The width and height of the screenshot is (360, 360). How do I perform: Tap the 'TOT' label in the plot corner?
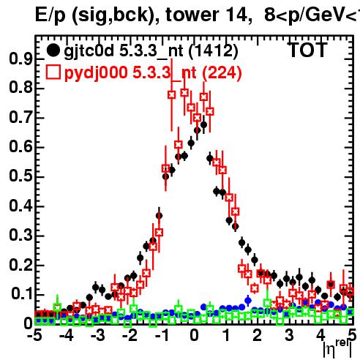[307, 50]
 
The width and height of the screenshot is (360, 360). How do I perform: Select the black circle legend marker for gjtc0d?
[53, 50]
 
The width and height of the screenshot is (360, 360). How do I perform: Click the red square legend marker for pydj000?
[53, 72]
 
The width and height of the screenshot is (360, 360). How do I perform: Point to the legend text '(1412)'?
[214, 51]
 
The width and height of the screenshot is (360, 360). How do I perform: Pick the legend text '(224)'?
[222, 73]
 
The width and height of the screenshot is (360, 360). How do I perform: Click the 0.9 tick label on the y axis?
[20, 59]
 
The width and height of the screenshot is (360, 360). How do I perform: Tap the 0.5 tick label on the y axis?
[20, 176]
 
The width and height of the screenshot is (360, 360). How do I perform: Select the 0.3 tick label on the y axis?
[20, 235]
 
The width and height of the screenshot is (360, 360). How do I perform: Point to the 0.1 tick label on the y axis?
[21, 294]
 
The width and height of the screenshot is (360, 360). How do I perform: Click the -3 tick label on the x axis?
[98, 335]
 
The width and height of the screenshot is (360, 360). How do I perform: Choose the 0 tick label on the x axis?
[194, 335]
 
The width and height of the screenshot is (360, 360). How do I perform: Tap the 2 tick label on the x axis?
[258, 335]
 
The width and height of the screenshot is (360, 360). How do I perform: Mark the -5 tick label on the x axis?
[34, 335]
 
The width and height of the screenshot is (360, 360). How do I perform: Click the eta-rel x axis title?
[338, 349]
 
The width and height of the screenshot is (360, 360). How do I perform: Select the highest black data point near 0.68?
[203, 125]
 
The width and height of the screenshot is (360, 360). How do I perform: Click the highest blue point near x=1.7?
[248, 300]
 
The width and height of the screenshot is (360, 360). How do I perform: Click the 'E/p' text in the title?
[50, 15]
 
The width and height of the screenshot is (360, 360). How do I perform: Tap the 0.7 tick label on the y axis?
[20, 117]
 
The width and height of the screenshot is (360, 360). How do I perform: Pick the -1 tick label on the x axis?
[162, 335]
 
